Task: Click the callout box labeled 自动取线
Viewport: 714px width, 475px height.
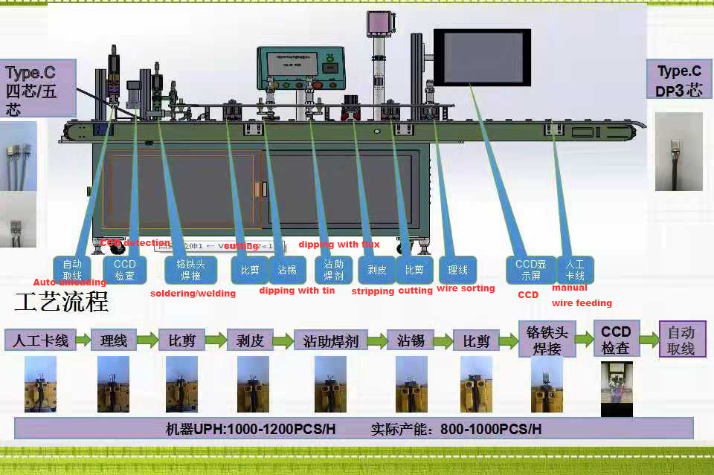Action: pyautogui.click(x=72, y=269)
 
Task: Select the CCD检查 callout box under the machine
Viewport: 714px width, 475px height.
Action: pyautogui.click(x=124, y=269)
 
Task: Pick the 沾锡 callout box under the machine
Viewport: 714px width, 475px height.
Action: pyautogui.click(x=286, y=270)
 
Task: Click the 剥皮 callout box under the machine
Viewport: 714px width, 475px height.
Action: pyautogui.click(x=377, y=270)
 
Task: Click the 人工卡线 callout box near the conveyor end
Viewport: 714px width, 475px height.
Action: pyautogui.click(x=575, y=270)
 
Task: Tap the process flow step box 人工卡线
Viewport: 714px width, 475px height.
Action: pyautogui.click(x=41, y=340)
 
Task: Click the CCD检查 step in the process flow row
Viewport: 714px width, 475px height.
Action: pyautogui.click(x=616, y=340)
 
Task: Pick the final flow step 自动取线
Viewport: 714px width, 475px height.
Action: pyautogui.click(x=682, y=340)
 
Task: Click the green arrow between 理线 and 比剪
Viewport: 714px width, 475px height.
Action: pyautogui.click(x=147, y=341)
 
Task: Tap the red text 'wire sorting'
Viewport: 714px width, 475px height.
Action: pyautogui.click(x=466, y=288)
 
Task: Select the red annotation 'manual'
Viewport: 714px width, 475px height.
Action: pyautogui.click(x=569, y=288)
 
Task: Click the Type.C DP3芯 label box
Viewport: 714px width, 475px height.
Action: pyautogui.click(x=679, y=80)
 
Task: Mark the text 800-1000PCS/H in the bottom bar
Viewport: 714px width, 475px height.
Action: pyautogui.click(x=491, y=430)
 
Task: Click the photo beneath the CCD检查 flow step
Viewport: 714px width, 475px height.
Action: pyautogui.click(x=616, y=389)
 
